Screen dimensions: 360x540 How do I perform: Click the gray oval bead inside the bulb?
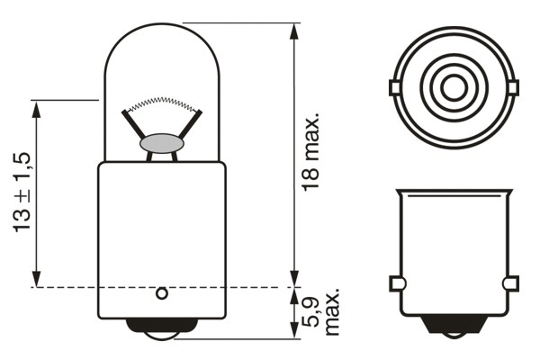pos(162,143)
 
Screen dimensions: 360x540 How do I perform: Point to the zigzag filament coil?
pos(162,101)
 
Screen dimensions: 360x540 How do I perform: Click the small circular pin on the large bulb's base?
pos(162,293)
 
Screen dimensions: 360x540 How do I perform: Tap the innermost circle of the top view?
pos(454,88)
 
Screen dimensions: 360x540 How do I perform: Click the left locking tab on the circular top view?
pos(394,88)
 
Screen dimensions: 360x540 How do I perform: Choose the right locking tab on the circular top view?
pos(514,88)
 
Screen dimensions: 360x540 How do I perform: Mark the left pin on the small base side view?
pos(396,284)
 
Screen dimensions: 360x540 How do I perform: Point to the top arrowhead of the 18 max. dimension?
pos(294,31)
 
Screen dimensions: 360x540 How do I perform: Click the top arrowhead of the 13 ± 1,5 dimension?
pos(37,108)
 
